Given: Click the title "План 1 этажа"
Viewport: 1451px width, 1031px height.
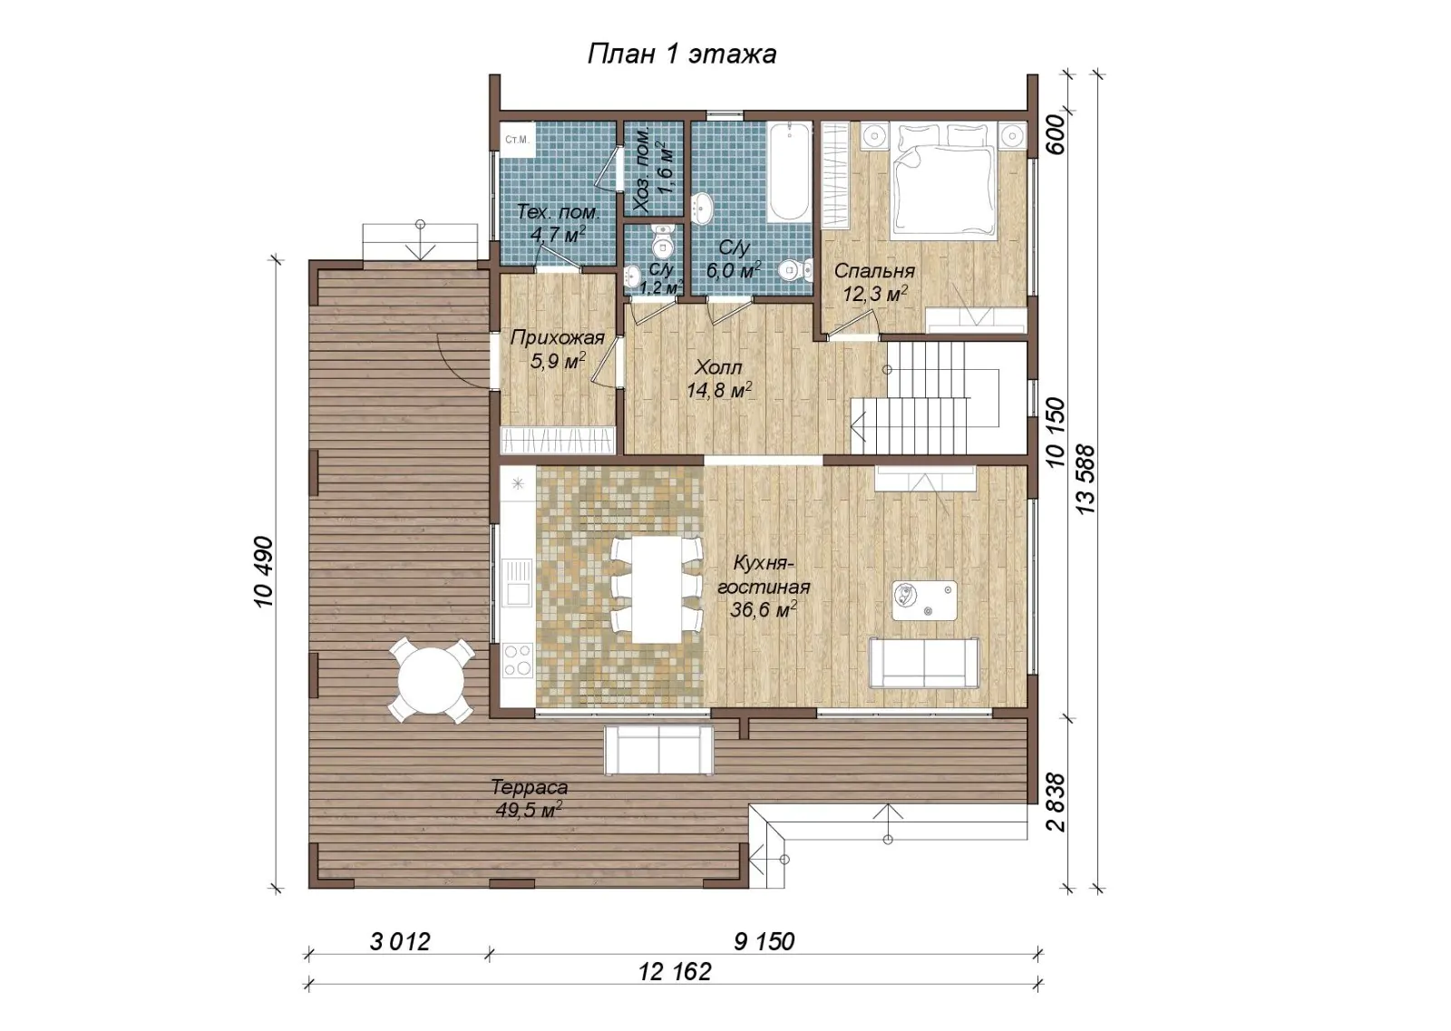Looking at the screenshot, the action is [681, 53].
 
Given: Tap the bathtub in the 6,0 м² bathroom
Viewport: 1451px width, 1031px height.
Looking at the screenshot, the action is [789, 172].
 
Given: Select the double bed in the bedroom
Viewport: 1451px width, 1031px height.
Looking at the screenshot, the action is [943, 181].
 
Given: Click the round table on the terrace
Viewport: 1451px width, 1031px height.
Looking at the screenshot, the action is [431, 681].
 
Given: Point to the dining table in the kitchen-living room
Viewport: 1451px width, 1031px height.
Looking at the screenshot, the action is [657, 588].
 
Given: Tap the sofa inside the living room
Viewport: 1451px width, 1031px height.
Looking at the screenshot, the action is [924, 663].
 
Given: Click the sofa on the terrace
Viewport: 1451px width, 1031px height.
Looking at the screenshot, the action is [658, 750].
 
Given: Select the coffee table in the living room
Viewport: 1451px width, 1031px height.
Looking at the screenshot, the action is [924, 600].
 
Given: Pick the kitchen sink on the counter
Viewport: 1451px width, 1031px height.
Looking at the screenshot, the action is [518, 584].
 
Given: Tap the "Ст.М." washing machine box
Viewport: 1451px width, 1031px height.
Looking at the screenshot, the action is [517, 139].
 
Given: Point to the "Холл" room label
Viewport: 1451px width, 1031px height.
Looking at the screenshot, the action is [718, 368].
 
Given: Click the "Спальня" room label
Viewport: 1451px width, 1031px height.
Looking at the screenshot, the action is [874, 271].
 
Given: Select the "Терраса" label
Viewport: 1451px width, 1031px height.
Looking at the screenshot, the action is [530, 787].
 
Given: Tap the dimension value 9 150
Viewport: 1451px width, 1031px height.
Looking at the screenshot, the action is [764, 941].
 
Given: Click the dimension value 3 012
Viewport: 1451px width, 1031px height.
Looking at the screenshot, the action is [400, 941].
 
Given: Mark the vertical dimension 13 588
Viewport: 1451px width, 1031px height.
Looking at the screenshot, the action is [1085, 480].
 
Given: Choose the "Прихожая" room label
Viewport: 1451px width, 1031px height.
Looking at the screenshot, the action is [557, 337].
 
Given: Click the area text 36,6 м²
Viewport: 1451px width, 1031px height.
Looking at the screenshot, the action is [763, 609].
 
